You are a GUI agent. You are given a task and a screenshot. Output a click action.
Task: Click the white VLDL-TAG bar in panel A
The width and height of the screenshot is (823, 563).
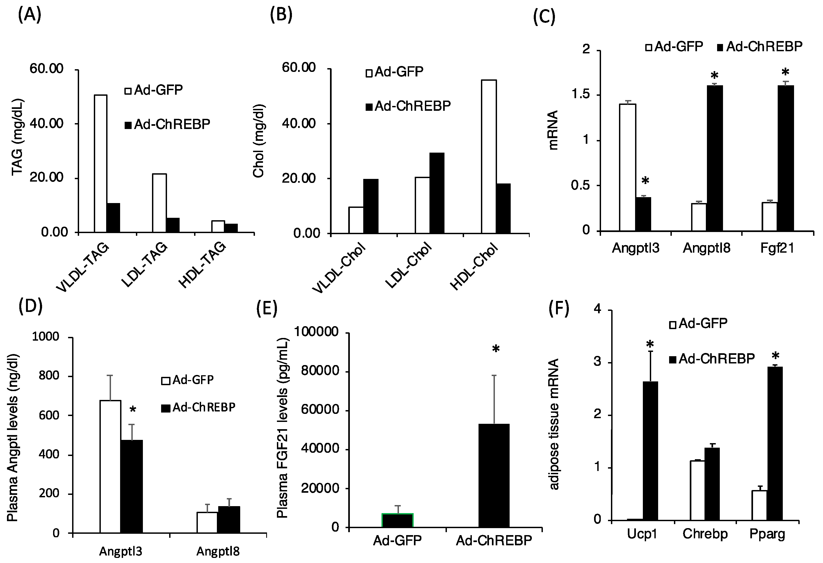pyautogui.click(x=101, y=163)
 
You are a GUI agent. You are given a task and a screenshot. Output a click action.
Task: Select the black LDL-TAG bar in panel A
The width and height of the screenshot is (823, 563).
pyautogui.click(x=173, y=225)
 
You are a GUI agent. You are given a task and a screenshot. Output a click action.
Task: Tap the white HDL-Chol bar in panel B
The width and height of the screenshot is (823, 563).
pyautogui.click(x=489, y=157)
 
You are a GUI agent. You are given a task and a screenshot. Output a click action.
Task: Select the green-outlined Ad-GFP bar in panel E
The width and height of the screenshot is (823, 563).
pyautogui.click(x=397, y=520)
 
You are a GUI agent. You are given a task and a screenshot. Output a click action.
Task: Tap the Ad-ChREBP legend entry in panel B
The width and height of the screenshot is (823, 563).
pyautogui.click(x=408, y=106)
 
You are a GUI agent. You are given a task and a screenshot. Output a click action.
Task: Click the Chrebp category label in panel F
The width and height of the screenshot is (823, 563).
pyautogui.click(x=705, y=533)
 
